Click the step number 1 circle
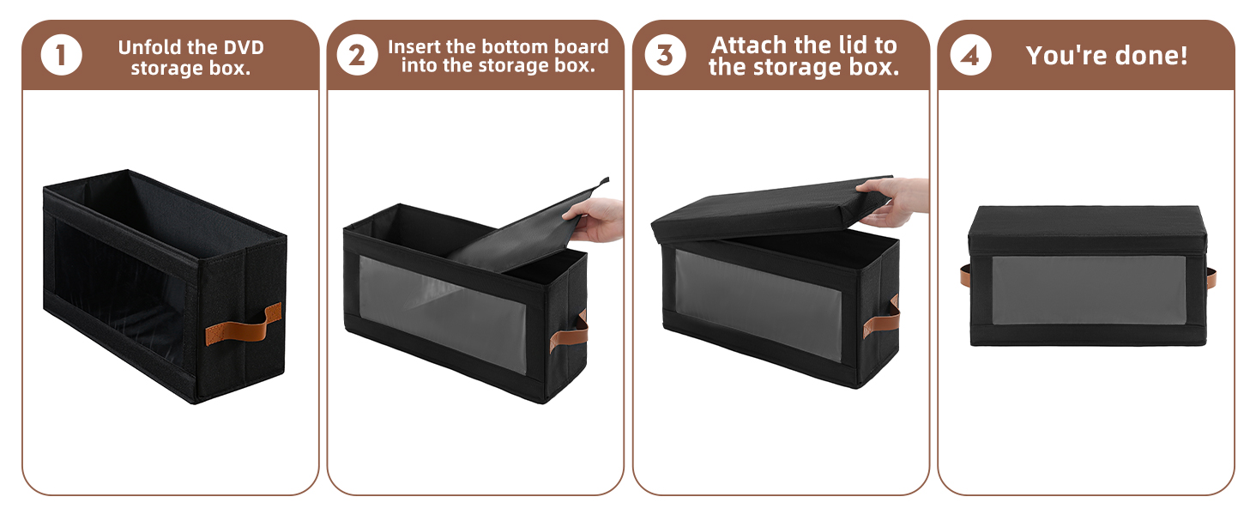tap(61, 57)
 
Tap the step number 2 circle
tap(356, 57)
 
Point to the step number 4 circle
tap(970, 57)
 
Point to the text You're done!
tap(1107, 56)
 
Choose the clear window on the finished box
tap(1088, 290)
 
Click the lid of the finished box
tap(1088, 221)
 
